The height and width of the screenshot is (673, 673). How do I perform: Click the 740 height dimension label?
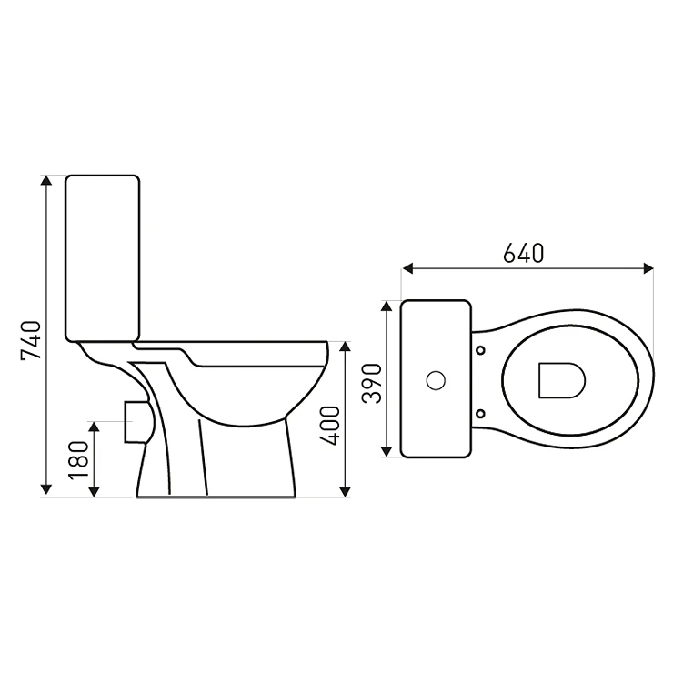pyautogui.click(x=32, y=340)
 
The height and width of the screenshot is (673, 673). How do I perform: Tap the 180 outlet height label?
pyautogui.click(x=78, y=459)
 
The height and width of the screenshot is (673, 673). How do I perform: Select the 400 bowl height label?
pyautogui.click(x=330, y=426)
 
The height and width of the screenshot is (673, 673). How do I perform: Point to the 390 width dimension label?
pyautogui.click(x=372, y=383)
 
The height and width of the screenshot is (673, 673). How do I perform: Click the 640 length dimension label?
pyautogui.click(x=524, y=253)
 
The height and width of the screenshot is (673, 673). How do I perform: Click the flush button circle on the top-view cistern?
pyautogui.click(x=436, y=380)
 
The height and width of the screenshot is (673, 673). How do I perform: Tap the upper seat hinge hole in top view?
pyautogui.click(x=481, y=350)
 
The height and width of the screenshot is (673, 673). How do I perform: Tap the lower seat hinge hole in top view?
pyautogui.click(x=481, y=413)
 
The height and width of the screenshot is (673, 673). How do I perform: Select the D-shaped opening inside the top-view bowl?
pyautogui.click(x=562, y=380)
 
